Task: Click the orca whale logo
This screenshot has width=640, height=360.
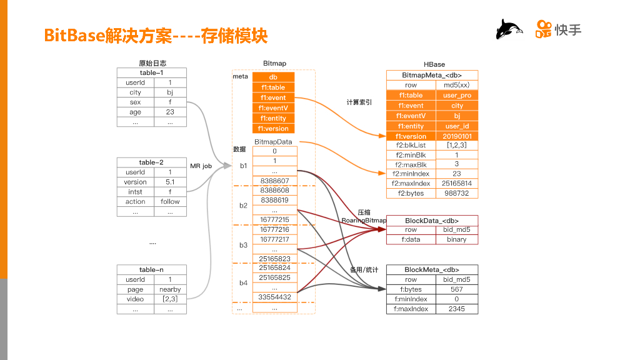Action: click(x=509, y=29)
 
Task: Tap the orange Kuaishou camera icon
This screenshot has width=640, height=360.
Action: click(x=543, y=29)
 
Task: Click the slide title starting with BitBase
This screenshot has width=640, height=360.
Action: click(x=156, y=36)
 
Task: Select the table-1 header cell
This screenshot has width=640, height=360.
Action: click(x=152, y=72)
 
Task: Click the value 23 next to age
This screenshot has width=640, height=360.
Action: click(x=170, y=112)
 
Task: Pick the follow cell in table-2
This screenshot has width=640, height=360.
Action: click(x=170, y=202)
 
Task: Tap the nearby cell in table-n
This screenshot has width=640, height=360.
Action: click(x=170, y=289)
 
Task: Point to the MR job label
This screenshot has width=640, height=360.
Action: click(x=201, y=166)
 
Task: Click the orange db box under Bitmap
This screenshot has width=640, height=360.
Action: click(x=273, y=77)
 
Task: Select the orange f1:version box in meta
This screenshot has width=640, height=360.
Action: click(x=273, y=129)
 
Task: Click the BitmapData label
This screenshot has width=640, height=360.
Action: click(x=273, y=142)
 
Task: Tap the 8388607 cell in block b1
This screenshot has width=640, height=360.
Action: click(x=274, y=181)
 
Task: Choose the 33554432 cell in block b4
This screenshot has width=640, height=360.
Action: click(x=274, y=297)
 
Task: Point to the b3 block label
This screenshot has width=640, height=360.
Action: click(x=243, y=246)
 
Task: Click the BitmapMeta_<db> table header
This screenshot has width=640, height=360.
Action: click(x=432, y=75)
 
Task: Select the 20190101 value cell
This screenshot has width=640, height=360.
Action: click(x=457, y=136)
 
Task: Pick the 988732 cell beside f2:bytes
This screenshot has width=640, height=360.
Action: click(x=457, y=194)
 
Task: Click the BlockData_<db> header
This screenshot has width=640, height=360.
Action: click(x=432, y=221)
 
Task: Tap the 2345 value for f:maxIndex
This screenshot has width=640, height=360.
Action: click(x=457, y=309)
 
